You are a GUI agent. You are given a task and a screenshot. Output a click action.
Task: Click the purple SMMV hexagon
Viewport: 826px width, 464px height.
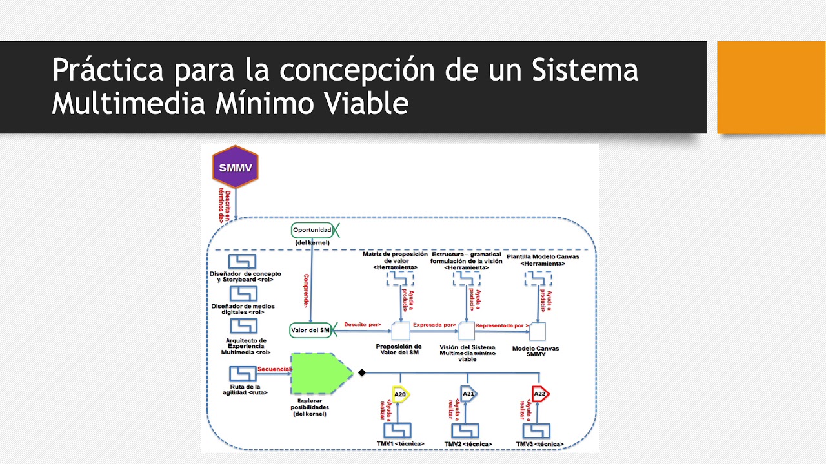click(236, 168)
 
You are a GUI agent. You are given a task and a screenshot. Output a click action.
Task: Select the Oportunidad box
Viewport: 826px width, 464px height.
click(312, 230)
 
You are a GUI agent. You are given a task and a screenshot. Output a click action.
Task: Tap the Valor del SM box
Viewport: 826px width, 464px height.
click(311, 330)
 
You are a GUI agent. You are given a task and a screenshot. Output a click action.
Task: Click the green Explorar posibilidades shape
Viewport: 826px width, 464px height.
click(319, 373)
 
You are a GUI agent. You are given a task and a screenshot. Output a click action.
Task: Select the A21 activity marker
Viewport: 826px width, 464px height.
click(468, 394)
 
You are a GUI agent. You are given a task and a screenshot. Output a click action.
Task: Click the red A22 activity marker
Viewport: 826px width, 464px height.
click(539, 394)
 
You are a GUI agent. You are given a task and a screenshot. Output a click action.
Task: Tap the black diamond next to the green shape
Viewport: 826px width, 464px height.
click(362, 372)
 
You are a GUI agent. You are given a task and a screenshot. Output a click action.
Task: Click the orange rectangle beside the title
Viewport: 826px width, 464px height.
click(771, 87)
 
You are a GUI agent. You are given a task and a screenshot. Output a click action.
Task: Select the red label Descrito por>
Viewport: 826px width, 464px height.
click(362, 324)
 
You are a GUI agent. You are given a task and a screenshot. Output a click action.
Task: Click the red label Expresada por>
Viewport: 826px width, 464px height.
click(434, 325)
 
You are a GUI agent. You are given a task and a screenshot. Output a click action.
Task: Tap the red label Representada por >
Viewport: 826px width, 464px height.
click(501, 325)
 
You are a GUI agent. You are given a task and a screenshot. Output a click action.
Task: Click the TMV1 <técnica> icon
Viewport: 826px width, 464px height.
click(398, 430)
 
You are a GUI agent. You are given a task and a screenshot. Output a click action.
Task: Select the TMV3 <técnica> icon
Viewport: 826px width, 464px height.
click(536, 430)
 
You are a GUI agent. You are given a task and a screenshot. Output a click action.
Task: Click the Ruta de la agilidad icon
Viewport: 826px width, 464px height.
click(243, 374)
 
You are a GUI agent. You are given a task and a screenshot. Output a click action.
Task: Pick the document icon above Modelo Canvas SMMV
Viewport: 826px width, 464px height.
click(538, 331)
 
